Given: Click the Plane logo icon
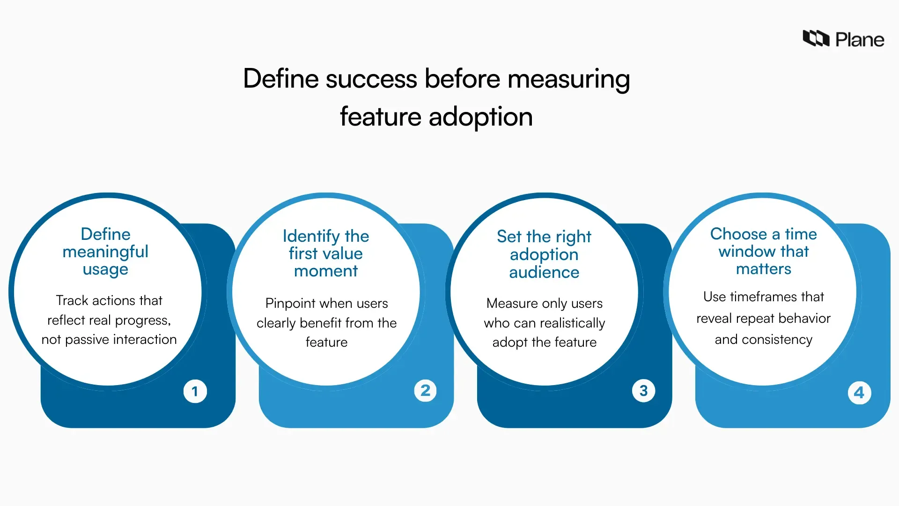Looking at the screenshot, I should click(816, 38).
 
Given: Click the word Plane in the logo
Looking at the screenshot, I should click(860, 40).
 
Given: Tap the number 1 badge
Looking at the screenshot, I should click(195, 391).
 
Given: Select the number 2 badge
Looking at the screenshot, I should click(425, 390).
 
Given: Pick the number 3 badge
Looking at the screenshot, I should click(643, 390).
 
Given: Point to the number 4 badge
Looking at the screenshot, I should click(859, 393).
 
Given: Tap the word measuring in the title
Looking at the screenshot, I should click(568, 78).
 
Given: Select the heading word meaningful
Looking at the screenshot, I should click(105, 252).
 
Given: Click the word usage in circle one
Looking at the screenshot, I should click(105, 269).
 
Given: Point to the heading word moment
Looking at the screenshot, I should click(326, 271).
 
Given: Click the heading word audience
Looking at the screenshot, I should click(544, 272).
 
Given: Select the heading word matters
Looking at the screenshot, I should click(763, 269).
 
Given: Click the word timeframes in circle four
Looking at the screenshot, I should click(763, 297).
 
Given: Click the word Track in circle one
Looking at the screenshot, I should click(72, 300).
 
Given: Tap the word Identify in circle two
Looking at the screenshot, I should click(311, 236).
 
